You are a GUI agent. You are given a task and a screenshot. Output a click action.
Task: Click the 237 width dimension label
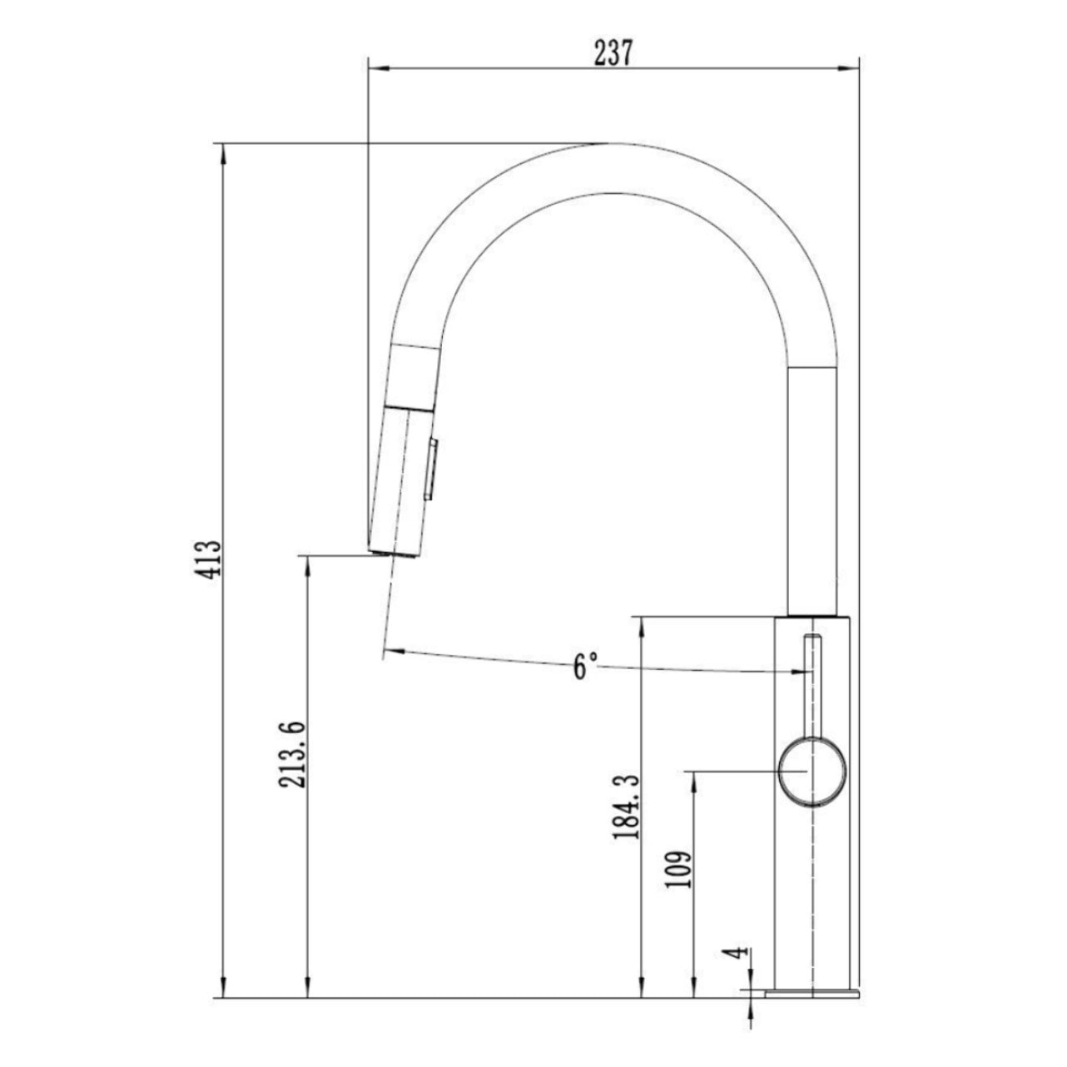pyautogui.click(x=613, y=53)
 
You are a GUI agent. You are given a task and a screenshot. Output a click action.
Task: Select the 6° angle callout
pyautogui.click(x=585, y=666)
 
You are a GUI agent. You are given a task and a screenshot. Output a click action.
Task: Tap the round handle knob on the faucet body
pyautogui.click(x=812, y=772)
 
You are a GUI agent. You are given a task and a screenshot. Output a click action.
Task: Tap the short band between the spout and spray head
pyautogui.click(x=414, y=375)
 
